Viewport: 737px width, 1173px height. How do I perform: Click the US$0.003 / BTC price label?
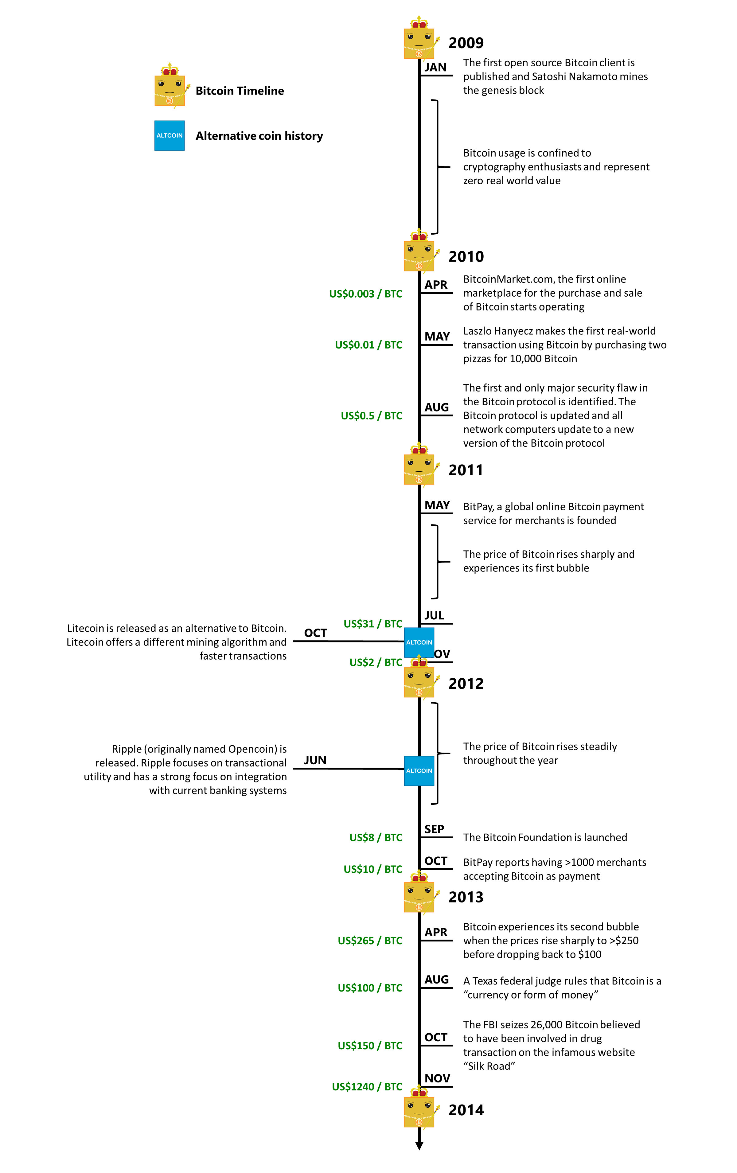[x=365, y=294]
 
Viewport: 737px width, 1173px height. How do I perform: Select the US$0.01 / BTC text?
[x=368, y=345]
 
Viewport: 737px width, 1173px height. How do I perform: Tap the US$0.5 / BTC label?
[x=371, y=415]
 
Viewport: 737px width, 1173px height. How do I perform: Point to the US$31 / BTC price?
[x=372, y=624]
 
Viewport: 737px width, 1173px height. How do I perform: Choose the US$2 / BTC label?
[x=376, y=662]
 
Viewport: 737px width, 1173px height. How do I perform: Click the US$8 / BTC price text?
[x=376, y=837]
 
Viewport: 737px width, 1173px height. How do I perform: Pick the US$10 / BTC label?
[x=372, y=869]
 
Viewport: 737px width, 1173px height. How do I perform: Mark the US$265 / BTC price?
[x=370, y=941]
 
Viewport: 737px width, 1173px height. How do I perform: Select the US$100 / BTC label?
[x=370, y=988]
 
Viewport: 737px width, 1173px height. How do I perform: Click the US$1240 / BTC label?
[x=367, y=1087]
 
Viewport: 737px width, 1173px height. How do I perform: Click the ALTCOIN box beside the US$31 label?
[x=419, y=642]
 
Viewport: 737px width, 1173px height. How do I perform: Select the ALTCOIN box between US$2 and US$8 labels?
[x=419, y=771]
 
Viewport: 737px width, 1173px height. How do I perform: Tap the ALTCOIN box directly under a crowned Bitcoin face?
[x=170, y=135]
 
